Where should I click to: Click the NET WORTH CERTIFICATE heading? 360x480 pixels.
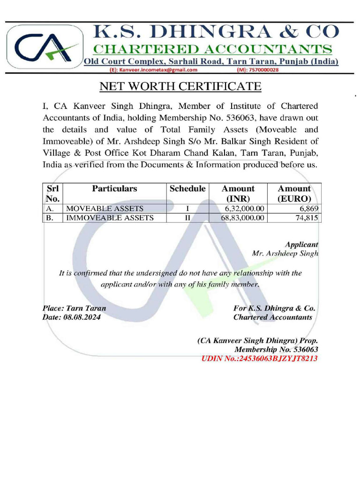click(180, 87)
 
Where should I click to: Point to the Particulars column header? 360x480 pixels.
click(114, 189)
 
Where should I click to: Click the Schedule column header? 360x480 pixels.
click(187, 189)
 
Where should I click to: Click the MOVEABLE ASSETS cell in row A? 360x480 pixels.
click(105, 208)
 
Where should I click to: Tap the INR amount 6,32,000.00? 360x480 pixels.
click(244, 208)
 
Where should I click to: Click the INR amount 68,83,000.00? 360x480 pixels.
click(242, 218)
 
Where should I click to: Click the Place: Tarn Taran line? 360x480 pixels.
click(74, 308)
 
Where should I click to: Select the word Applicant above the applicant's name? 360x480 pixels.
click(301, 244)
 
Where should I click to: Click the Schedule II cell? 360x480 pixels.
click(187, 218)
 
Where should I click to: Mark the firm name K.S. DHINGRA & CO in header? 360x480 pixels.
click(215, 32)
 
